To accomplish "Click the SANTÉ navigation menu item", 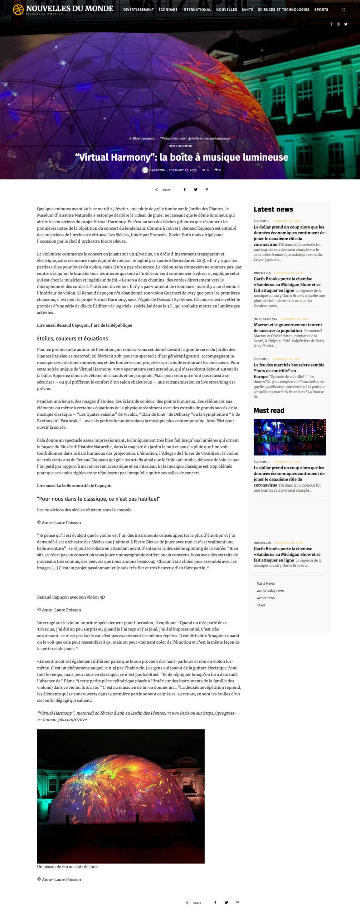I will [247, 10].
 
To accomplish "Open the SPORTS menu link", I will [321, 10].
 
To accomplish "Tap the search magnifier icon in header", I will [344, 10].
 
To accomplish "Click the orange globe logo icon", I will [18, 10].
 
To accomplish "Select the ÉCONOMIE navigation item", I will [168, 10].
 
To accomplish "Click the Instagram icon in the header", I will [339, 24].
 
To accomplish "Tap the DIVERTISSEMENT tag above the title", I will [181, 146].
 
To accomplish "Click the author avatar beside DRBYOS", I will [145, 170].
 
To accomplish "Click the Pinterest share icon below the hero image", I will [206, 189].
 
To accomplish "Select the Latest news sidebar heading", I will [273, 209].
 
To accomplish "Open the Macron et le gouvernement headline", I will [288, 327].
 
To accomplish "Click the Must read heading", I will [269, 410].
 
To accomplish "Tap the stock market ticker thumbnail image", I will [290, 437].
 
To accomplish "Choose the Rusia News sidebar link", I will [266, 583].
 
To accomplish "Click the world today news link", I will [270, 591].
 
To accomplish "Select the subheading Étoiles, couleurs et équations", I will [72, 338].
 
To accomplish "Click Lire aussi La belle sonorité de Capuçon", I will [74, 486].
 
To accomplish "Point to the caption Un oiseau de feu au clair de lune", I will [67, 867].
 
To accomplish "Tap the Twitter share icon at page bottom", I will [226, 902].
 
